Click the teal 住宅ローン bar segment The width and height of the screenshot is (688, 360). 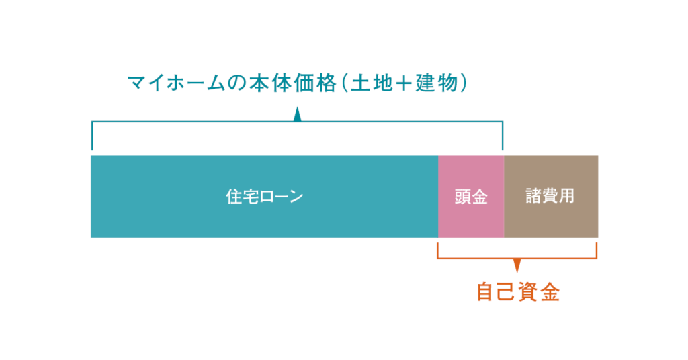264,196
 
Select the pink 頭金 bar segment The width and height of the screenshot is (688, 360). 471,196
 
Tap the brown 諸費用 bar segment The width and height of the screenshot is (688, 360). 551,196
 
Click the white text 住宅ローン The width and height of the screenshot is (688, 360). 265,196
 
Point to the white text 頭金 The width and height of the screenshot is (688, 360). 471,197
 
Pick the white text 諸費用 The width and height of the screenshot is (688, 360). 550,196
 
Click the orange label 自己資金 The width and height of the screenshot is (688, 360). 518,292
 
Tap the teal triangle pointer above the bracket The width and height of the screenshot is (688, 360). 298,114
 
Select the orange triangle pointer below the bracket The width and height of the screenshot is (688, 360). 517,265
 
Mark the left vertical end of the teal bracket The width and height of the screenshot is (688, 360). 91,136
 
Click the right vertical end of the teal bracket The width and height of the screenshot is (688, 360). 503,136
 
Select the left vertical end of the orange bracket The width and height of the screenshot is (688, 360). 437,251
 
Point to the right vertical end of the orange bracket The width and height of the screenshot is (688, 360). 597,251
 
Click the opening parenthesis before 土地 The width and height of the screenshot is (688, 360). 343,83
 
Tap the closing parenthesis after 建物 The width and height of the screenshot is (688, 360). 464,83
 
